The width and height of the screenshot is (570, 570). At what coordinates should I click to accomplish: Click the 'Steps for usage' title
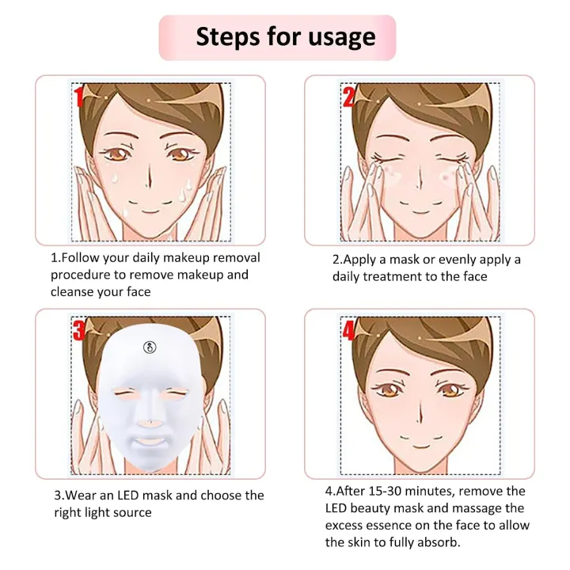point(285,36)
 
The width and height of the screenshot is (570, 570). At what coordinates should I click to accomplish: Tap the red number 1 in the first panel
point(79,97)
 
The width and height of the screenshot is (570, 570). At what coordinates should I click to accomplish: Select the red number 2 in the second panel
point(349,97)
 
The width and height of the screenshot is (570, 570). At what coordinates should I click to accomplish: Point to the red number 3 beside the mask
point(79,329)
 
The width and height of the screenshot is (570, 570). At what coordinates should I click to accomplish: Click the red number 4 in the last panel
point(349,330)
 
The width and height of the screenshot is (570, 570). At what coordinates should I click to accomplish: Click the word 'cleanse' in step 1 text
point(75,291)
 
